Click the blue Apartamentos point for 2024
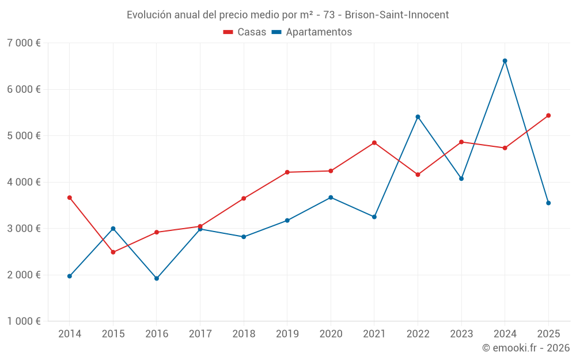click(x=505, y=60)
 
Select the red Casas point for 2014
click(x=70, y=198)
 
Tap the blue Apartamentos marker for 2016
click(x=157, y=278)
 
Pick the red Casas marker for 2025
click(x=548, y=115)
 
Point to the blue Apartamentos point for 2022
click(x=418, y=117)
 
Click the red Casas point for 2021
click(x=374, y=142)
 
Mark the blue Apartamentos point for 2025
click(x=548, y=203)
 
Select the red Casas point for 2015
click(x=113, y=252)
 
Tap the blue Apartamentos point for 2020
click(x=331, y=198)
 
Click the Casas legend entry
click(x=245, y=32)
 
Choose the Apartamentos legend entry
click(x=312, y=32)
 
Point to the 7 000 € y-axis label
click(x=24, y=43)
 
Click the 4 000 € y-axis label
click(x=24, y=182)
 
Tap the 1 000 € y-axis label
click(x=24, y=321)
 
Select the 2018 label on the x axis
click(x=244, y=334)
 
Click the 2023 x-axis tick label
click(x=461, y=334)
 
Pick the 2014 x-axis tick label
click(x=70, y=334)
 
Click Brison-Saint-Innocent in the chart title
click(x=397, y=14)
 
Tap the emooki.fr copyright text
click(x=525, y=348)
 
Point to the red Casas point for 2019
click(x=287, y=172)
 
